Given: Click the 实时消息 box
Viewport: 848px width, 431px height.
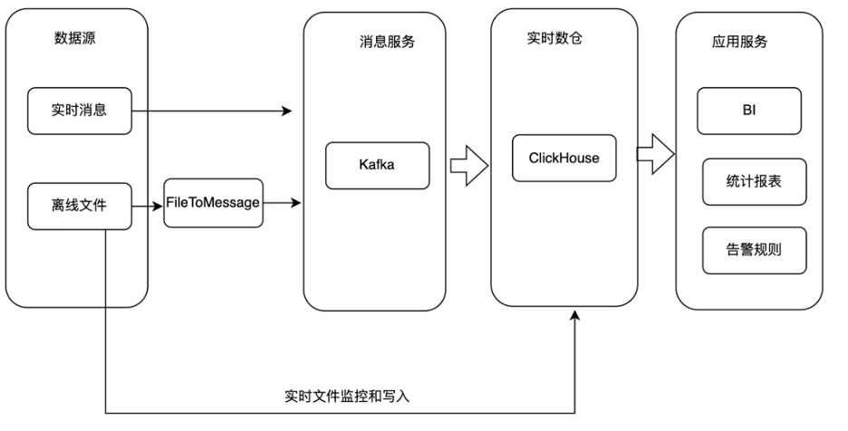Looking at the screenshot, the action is [80, 110].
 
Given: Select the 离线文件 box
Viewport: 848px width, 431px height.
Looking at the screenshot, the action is [80, 206].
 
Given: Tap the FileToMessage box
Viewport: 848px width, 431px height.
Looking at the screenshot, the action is [213, 203].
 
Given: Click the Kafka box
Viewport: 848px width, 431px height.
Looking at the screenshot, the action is [378, 166].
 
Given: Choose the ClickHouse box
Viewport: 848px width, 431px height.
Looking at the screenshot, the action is [564, 158].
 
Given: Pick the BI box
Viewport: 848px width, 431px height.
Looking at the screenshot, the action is [749, 110].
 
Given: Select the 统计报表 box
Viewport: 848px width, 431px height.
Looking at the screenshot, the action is [755, 182].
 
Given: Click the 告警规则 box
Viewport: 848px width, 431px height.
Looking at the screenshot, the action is [755, 251].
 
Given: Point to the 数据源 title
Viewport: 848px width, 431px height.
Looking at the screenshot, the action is [74, 38].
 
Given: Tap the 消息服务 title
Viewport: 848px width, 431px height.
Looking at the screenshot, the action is [387, 43].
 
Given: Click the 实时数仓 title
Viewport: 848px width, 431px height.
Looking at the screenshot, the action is [554, 38].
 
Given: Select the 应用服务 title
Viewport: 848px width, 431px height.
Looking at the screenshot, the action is [740, 43].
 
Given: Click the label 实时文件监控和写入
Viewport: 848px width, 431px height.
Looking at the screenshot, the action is [347, 397].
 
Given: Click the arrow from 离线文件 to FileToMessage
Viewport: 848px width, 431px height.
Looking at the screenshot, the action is [148, 206].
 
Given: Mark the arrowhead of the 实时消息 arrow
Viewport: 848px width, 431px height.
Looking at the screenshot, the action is [286, 110].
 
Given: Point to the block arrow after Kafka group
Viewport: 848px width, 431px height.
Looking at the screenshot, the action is [469, 166].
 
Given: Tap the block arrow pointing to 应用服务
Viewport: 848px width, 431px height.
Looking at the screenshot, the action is [655, 154].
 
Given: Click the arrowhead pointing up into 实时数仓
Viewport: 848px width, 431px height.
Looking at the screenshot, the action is [575, 315].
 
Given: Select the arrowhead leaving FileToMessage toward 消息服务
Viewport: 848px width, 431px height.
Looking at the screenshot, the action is [296, 203].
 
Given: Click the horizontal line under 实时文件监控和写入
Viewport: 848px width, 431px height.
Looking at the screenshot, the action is [340, 413].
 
